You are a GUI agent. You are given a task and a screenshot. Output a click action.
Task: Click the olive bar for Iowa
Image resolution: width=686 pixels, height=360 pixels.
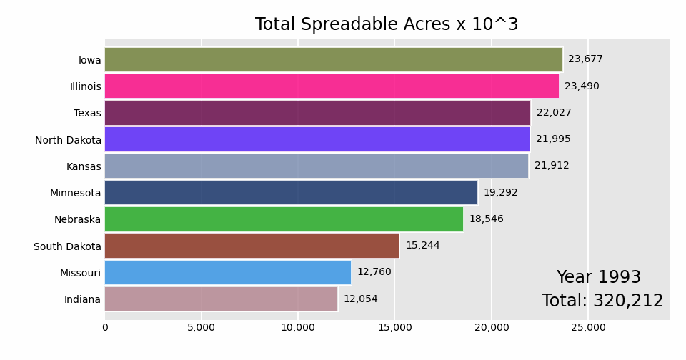[x=333, y=60]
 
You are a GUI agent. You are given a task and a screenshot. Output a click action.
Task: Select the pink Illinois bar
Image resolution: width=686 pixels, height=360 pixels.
[x=332, y=86]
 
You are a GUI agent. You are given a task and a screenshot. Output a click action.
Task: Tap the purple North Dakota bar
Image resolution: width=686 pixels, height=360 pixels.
[x=317, y=139]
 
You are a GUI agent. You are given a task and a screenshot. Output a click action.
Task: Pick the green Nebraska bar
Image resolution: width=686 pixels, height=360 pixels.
[x=284, y=219]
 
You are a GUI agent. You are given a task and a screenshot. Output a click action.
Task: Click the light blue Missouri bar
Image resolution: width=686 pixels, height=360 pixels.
[x=228, y=272]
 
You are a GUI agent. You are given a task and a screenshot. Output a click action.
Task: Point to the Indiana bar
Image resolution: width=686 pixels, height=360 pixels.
[x=221, y=299]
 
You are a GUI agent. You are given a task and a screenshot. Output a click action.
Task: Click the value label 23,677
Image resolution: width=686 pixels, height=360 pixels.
[x=585, y=59]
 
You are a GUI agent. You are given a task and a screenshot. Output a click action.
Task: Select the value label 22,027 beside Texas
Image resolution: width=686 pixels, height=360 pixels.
[x=554, y=113]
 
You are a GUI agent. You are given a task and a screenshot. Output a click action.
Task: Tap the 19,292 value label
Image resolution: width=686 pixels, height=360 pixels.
[x=501, y=193]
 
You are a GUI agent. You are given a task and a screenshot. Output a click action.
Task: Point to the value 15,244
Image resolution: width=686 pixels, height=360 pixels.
[x=422, y=246]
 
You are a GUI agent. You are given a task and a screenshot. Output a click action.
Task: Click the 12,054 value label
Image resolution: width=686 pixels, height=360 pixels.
[x=361, y=299]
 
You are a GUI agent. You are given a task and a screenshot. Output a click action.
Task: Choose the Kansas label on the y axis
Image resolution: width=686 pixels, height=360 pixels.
[x=84, y=166]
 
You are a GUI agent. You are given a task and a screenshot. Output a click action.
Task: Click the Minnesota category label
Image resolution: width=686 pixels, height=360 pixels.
[x=76, y=194]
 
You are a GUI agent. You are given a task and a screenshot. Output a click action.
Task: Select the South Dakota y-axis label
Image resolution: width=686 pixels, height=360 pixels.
[x=67, y=246]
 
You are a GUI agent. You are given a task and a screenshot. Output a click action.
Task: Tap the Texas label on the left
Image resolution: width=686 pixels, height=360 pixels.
[x=87, y=114]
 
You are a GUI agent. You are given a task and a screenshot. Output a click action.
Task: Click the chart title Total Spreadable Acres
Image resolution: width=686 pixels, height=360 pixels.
[x=387, y=25]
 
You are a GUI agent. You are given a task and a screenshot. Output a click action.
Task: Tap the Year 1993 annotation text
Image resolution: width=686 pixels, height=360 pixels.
[x=598, y=278]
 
